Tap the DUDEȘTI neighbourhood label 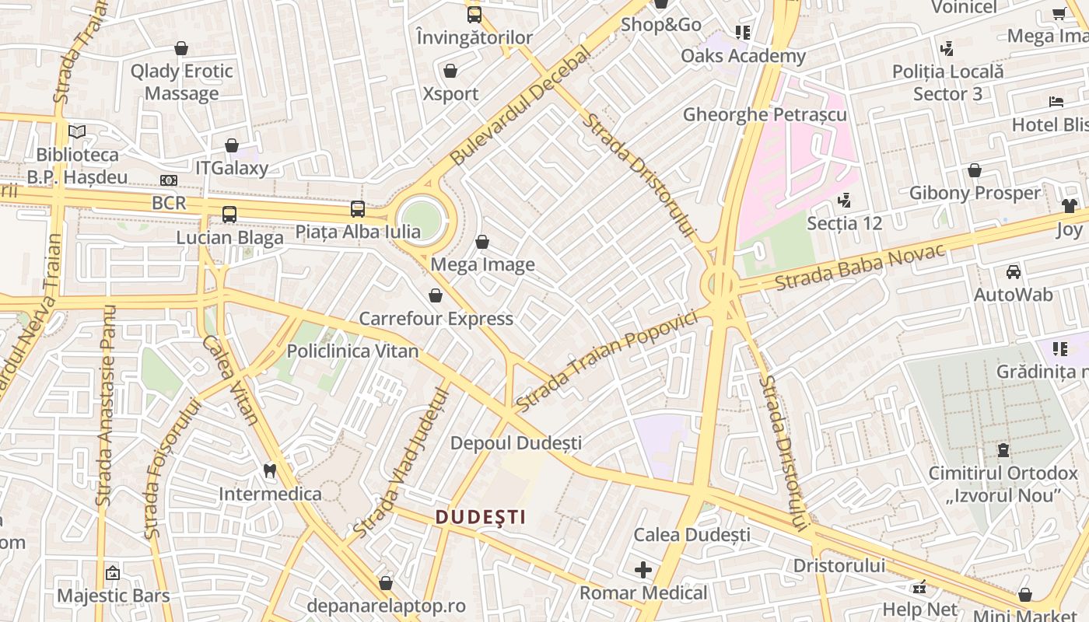(x=481, y=517)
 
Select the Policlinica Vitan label (x=352, y=351)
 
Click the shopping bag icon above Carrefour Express (x=436, y=295)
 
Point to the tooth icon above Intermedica (x=270, y=470)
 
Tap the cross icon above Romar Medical (x=643, y=570)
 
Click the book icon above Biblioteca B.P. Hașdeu (x=77, y=131)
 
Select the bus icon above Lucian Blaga (x=229, y=214)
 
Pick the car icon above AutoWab (x=1014, y=271)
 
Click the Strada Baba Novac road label (x=860, y=267)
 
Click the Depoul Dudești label (x=516, y=443)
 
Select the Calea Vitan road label (x=230, y=379)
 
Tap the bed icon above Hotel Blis (x=1056, y=102)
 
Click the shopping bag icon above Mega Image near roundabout (x=482, y=242)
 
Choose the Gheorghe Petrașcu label (x=765, y=114)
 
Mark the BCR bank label (x=170, y=203)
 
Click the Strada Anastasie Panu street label (x=105, y=404)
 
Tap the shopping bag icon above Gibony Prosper (x=975, y=170)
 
